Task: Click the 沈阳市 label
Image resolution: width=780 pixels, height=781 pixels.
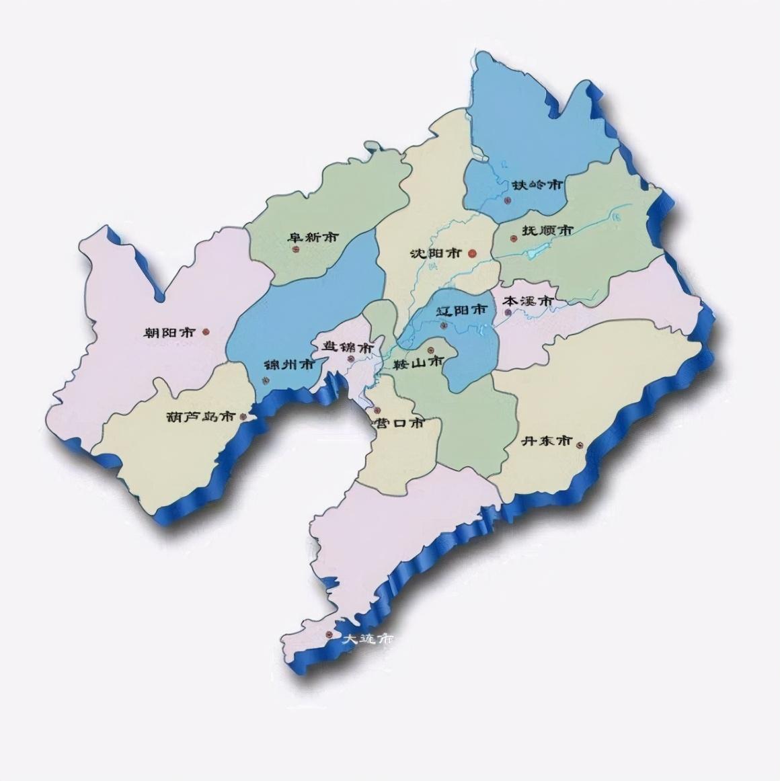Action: (435, 253)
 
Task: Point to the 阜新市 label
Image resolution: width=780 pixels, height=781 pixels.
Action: (313, 237)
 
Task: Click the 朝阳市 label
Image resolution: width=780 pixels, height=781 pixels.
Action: (169, 332)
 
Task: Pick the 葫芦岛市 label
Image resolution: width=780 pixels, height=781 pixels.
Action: (201, 416)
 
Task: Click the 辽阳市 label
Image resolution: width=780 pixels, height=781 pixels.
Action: (461, 311)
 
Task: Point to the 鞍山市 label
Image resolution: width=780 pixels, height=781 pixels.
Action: (419, 362)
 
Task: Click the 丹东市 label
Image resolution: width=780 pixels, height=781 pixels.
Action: (547, 441)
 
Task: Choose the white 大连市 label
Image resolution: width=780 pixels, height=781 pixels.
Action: (366, 639)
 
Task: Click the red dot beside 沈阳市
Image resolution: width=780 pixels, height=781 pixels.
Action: (472, 253)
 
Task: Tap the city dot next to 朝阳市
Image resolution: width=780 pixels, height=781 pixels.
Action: (206, 331)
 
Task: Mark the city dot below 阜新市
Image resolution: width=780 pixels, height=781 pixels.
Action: (295, 250)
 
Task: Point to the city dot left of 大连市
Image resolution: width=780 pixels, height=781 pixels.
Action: (329, 634)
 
